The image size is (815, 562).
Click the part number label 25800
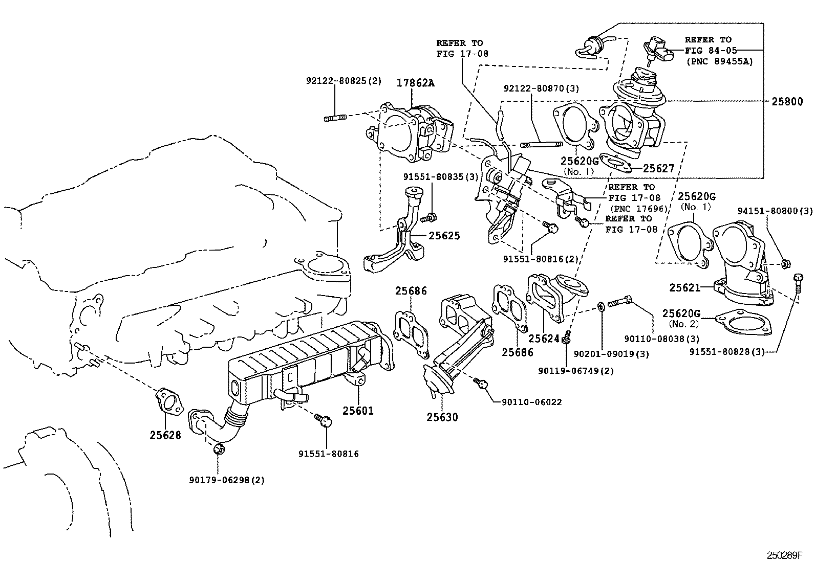(x=787, y=101)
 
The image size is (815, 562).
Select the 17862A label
(x=416, y=83)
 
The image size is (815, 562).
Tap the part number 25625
(x=444, y=236)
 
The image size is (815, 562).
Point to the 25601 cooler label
(x=358, y=410)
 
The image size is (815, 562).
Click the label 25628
(x=165, y=435)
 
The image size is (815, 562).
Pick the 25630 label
(x=442, y=417)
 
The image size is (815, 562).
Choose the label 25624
(x=545, y=339)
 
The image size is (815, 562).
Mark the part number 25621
(x=685, y=288)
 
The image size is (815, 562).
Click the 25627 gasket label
(x=658, y=168)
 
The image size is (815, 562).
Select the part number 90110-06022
(x=528, y=402)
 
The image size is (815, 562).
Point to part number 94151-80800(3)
(x=775, y=211)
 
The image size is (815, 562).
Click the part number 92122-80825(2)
(x=344, y=81)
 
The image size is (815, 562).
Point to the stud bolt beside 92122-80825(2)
(x=335, y=118)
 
